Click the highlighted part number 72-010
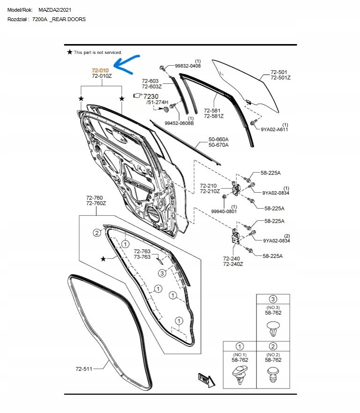(x=100, y=70)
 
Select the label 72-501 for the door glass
(x=279, y=72)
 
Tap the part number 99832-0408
(x=187, y=66)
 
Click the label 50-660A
(x=218, y=139)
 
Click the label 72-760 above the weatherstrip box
(x=95, y=198)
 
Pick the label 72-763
(x=142, y=251)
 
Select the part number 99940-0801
(x=224, y=211)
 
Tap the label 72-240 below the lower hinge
(x=232, y=258)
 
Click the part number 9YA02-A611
(x=274, y=129)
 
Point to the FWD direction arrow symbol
(x=205, y=379)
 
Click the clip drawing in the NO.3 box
(x=272, y=328)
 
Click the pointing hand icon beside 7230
(x=137, y=95)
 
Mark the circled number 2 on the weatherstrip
(x=97, y=233)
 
